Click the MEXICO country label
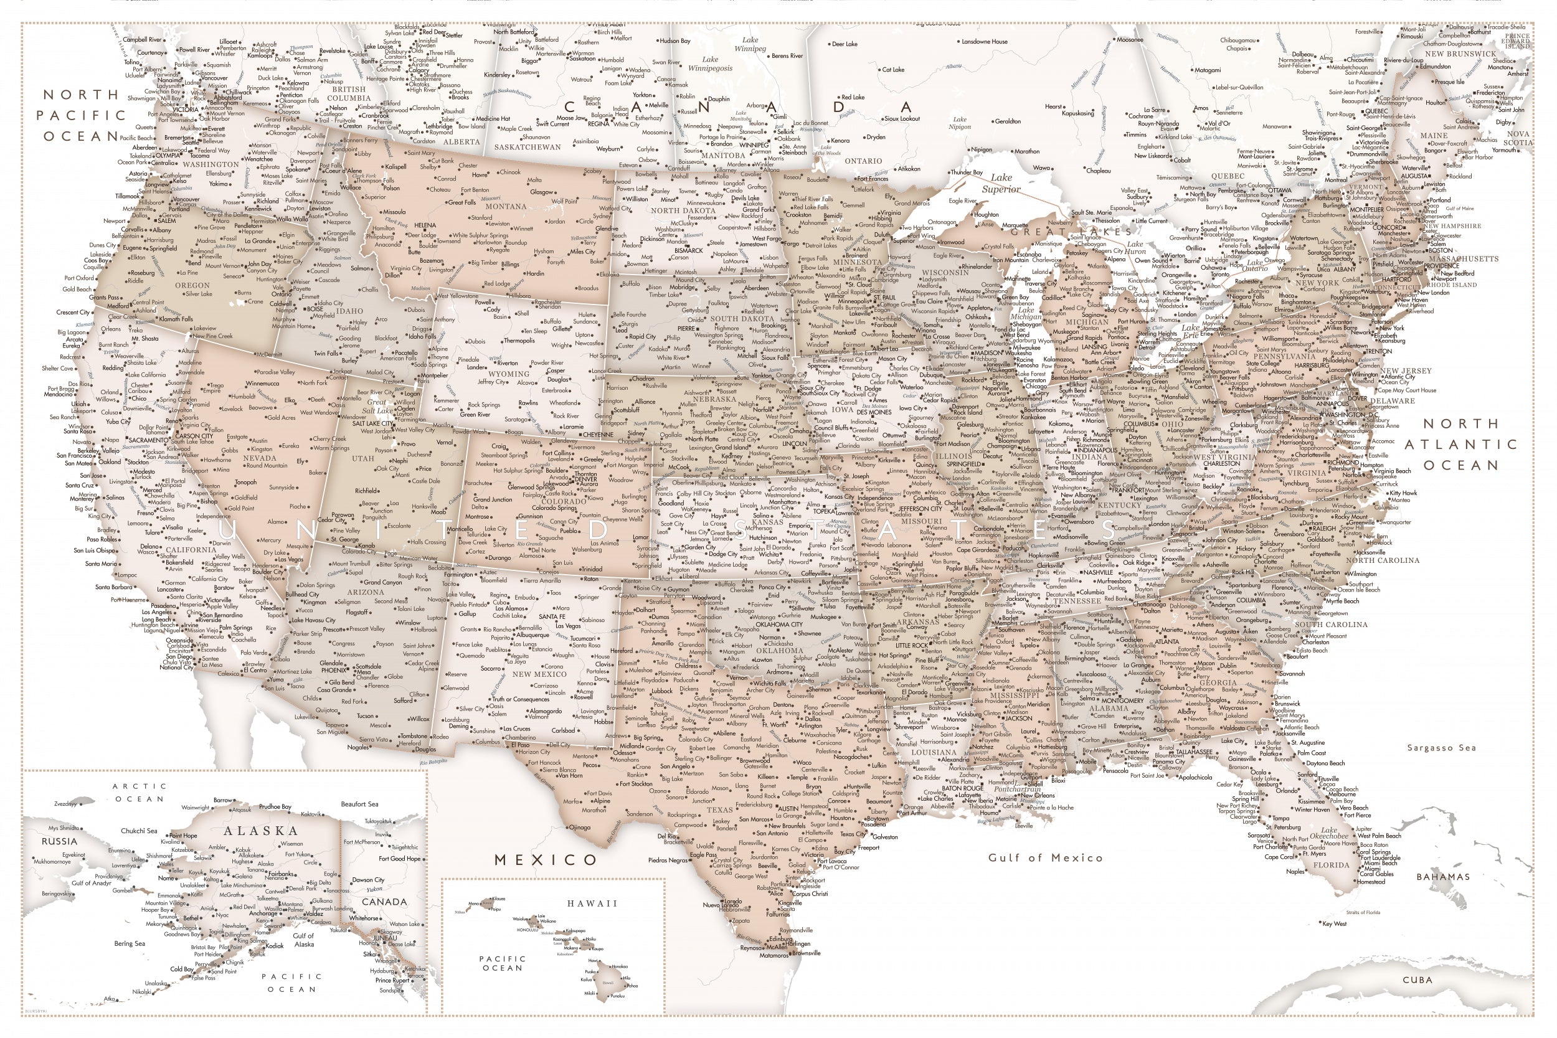pos(546,859)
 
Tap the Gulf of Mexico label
pos(1045,857)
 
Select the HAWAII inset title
pos(592,903)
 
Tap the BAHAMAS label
pos(1443,877)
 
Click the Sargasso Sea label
pos(1441,748)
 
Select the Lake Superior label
pos(1001,183)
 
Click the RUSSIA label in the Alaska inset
pos(60,841)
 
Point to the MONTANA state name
pos(506,207)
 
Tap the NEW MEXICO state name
pos(539,674)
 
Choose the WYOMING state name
pos(509,374)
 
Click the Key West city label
pos(1335,923)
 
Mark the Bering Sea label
pos(129,943)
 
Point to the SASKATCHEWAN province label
pos(527,147)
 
